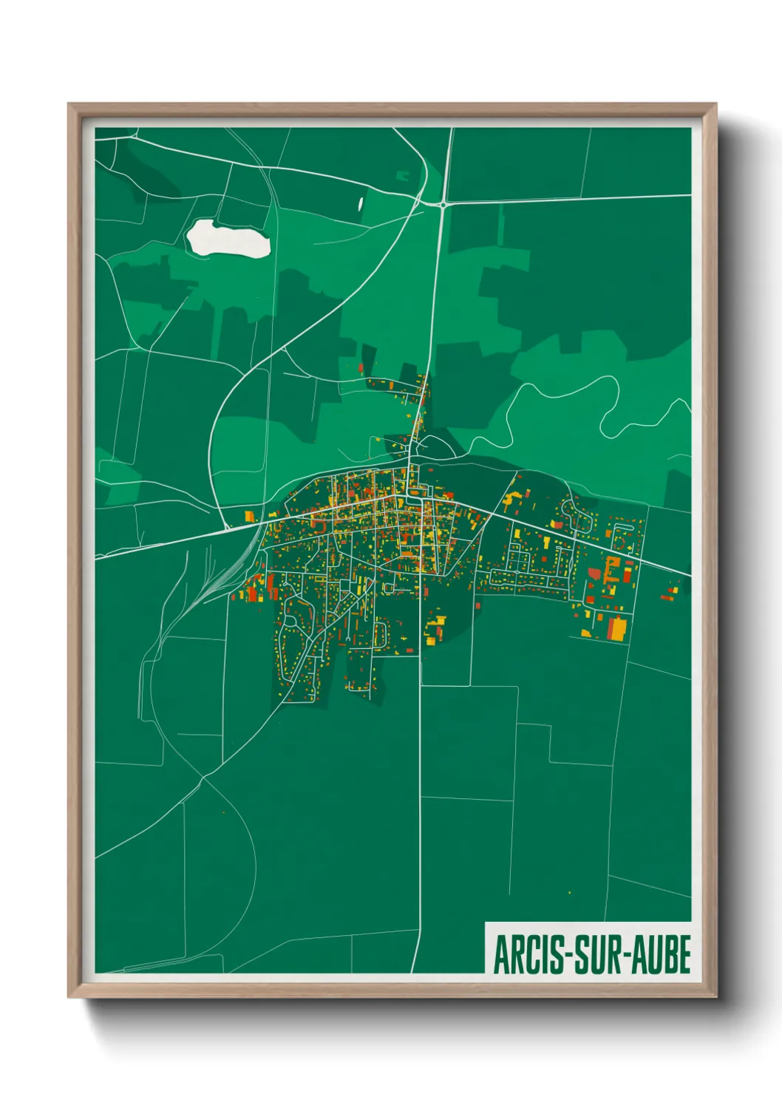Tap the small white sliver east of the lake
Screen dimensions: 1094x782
tap(361, 202)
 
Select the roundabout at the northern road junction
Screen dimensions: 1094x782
tap(442, 204)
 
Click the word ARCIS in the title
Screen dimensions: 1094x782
tap(526, 954)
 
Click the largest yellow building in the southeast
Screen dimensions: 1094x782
tap(616, 629)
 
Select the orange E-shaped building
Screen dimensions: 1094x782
tap(611, 570)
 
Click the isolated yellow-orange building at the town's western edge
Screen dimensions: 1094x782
tap(249, 516)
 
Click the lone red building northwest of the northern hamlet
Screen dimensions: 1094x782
tap(361, 367)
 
